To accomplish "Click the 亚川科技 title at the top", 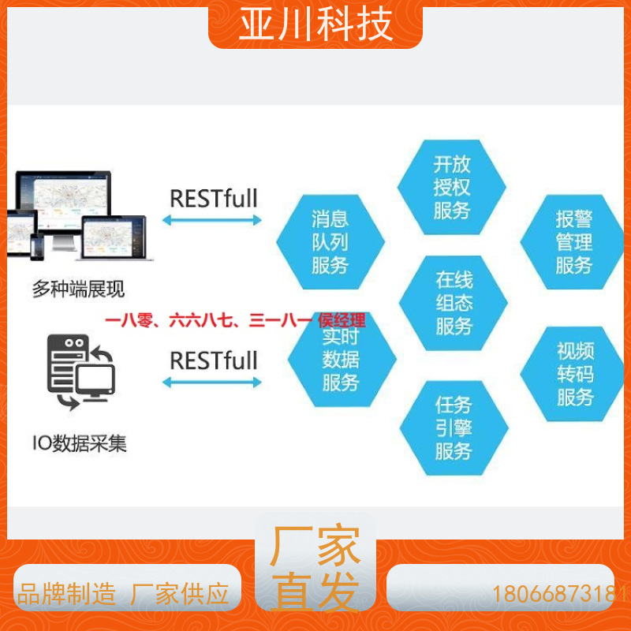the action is tap(315, 25).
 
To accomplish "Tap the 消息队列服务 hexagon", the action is tap(330, 242).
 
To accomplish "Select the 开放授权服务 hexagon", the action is tap(451, 187).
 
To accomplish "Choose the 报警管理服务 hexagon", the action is tap(573, 242).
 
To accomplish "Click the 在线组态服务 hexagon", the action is tap(453, 303).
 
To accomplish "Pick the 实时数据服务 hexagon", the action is tap(342, 360).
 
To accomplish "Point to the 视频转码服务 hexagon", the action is tap(573, 374).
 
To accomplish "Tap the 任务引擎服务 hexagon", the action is tap(454, 428).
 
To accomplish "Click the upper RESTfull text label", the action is tap(213, 199).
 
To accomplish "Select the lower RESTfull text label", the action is tap(213, 360).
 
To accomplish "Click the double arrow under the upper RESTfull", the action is tap(212, 220).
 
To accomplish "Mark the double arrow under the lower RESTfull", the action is tap(212, 383).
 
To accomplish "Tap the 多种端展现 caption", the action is tap(78, 289).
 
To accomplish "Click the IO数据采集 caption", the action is tap(80, 443).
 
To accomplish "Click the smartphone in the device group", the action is tap(37, 246).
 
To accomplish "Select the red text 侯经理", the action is tap(342, 321).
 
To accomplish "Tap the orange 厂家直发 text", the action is tap(315, 567).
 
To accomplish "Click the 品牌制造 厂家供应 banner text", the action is tap(123, 594).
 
